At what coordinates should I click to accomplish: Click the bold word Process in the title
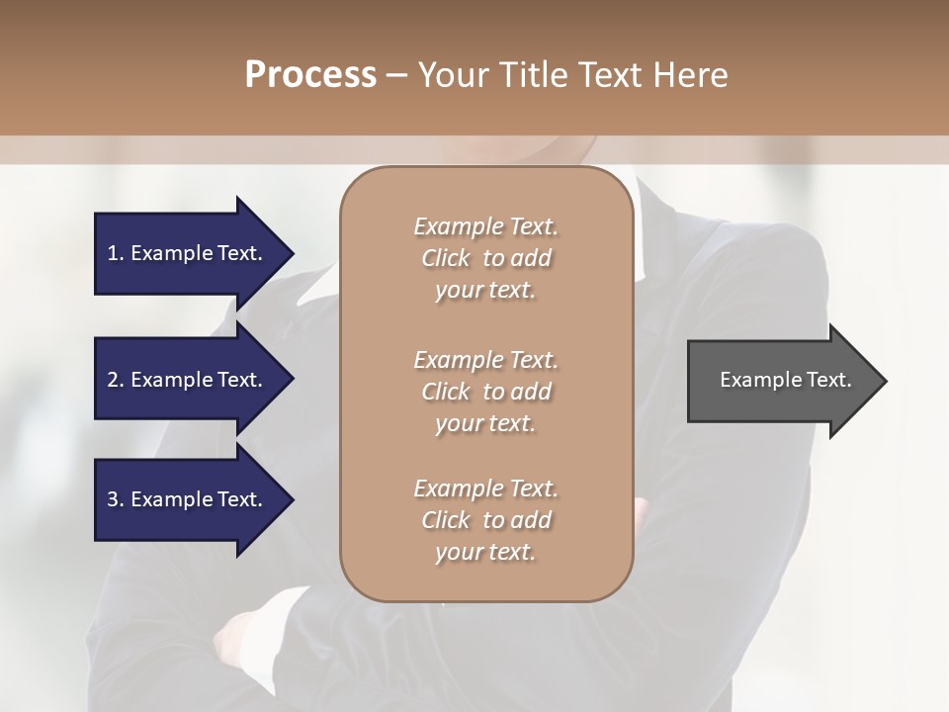point(310,75)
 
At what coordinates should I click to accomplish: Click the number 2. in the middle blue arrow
point(116,380)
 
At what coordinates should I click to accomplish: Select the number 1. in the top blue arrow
point(116,253)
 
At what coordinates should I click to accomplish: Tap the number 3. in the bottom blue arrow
point(116,499)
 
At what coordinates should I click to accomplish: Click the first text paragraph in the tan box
point(485,258)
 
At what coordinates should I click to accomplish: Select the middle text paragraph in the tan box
point(485,392)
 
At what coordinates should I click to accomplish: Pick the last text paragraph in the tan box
point(485,520)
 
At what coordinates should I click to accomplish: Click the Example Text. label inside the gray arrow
point(785,380)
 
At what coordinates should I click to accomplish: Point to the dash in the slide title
point(396,76)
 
